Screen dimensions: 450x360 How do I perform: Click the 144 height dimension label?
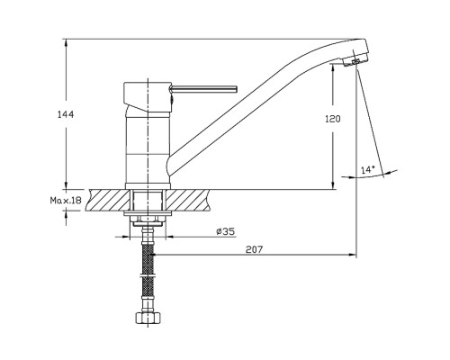click(x=66, y=114)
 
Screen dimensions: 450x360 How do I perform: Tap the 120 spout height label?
click(x=333, y=119)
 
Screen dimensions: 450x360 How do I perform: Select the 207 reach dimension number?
click(x=254, y=249)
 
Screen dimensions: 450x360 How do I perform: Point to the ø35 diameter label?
click(x=225, y=231)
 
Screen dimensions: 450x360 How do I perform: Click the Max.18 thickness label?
click(x=66, y=200)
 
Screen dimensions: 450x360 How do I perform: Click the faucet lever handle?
click(x=203, y=88)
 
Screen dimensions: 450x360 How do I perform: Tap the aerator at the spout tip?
click(x=355, y=61)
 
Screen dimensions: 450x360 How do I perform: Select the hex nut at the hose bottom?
click(x=148, y=318)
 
